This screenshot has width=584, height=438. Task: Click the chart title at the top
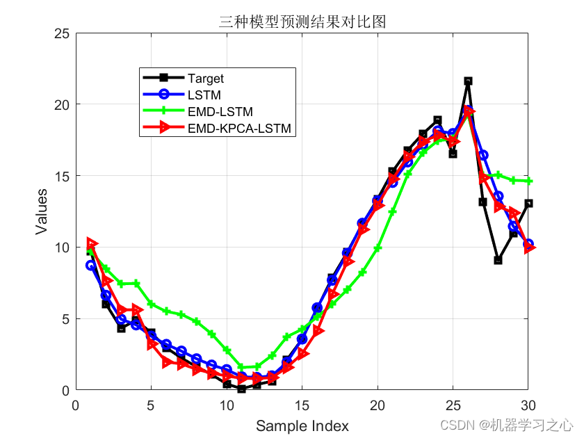pyautogui.click(x=301, y=22)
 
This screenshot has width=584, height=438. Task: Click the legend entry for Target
pyautogui.click(x=206, y=79)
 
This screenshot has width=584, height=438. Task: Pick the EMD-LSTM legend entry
pyautogui.click(x=220, y=111)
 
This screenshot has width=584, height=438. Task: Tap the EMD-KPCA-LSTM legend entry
pyautogui.click(x=238, y=128)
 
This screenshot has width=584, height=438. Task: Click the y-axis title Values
pyautogui.click(x=42, y=211)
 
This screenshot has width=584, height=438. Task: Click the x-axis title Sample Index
pyautogui.click(x=302, y=425)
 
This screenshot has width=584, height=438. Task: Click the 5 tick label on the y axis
pyautogui.click(x=65, y=319)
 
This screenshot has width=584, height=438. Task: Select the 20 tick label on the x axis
pyautogui.click(x=378, y=405)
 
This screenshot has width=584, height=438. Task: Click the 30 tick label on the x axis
pyautogui.click(x=528, y=405)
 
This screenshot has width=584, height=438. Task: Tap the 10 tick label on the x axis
pyautogui.click(x=227, y=405)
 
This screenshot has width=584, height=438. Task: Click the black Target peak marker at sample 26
pyautogui.click(x=468, y=81)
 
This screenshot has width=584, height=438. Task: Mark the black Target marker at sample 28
pyautogui.click(x=498, y=260)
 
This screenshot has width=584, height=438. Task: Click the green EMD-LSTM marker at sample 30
pyautogui.click(x=528, y=181)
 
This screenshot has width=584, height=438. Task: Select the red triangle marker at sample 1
pyautogui.click(x=92, y=243)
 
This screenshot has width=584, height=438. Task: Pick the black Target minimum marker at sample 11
pyautogui.click(x=241, y=389)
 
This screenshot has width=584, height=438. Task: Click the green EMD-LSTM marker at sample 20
pyautogui.click(x=378, y=248)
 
